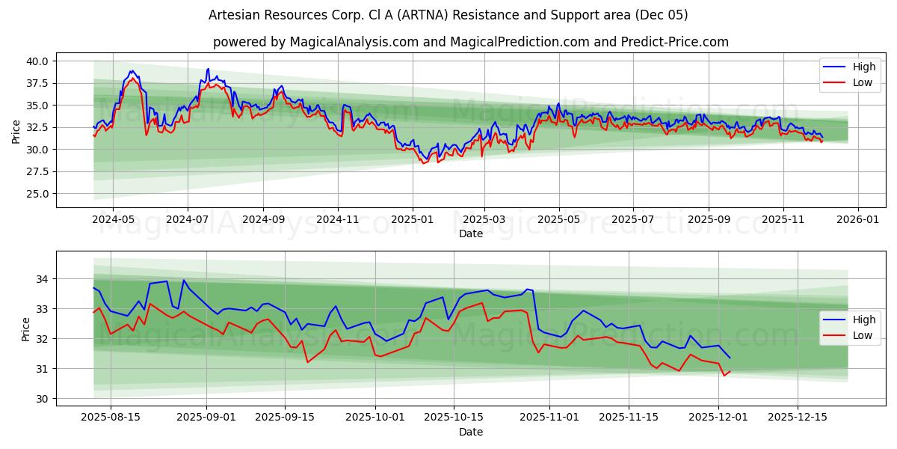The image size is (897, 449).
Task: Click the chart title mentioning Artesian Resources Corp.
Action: click(x=448, y=15)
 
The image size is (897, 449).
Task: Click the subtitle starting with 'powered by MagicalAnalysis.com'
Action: click(x=470, y=42)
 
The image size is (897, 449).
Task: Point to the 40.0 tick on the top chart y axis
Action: click(x=37, y=61)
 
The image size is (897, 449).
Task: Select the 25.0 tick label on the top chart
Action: click(x=37, y=194)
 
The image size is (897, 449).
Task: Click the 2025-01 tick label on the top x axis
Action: click(x=413, y=221)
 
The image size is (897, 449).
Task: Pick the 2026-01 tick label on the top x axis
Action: click(x=857, y=221)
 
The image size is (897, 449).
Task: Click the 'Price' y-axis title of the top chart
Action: click(x=16, y=132)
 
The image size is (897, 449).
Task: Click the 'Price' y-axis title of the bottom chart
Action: click(x=26, y=329)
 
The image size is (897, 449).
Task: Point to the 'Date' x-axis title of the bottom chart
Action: click(x=470, y=432)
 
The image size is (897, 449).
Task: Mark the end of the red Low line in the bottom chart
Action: click(x=730, y=370)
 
